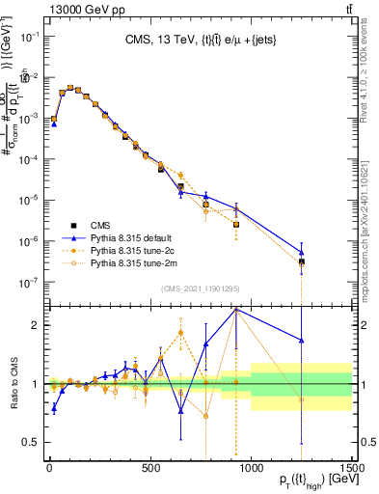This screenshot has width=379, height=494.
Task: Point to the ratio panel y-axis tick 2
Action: [x=37, y=325]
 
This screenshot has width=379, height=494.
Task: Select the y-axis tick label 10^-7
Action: [x=29, y=283]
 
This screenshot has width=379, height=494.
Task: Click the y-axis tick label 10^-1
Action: [x=29, y=36]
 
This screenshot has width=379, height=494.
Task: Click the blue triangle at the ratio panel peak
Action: [x=236, y=310]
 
